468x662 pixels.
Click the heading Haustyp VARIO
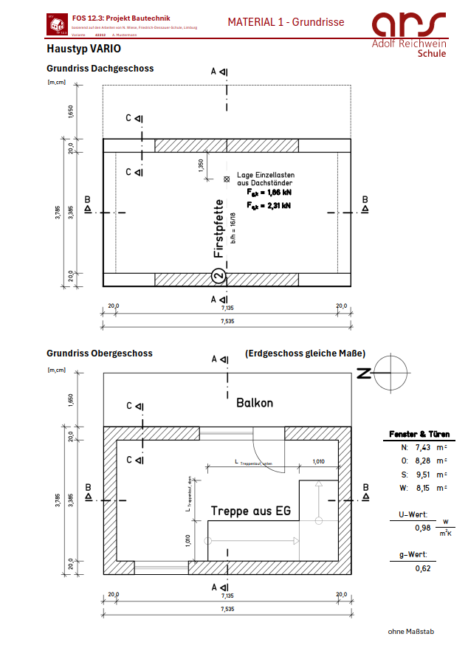tap(83, 49)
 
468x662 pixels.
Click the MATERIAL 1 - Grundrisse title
tap(286, 23)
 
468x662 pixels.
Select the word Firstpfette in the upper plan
tap(218, 228)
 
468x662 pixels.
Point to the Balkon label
tap(255, 403)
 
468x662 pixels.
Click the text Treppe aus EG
tap(250, 511)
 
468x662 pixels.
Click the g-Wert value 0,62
tap(422, 568)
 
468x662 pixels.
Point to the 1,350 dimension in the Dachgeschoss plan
tap(200, 165)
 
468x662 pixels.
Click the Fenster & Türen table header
tap(419, 434)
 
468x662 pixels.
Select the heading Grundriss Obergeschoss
tap(100, 354)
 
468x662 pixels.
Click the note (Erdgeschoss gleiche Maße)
tap(305, 354)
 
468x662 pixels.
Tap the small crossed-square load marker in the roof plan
tap(226, 179)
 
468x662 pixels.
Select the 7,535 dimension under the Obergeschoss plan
tap(226, 610)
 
